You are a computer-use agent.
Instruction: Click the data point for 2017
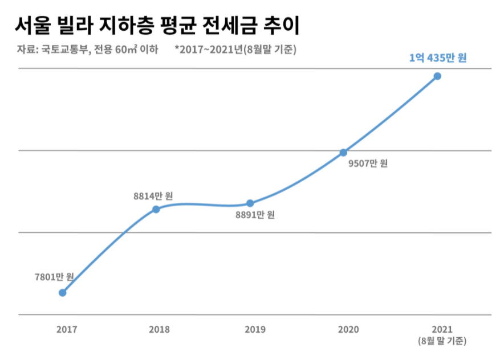pos(63,293)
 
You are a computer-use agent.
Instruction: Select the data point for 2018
pos(156,209)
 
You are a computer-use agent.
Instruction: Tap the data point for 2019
pos(250,203)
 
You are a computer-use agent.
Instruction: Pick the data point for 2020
pos(343,152)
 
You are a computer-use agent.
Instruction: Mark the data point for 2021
pos(437,76)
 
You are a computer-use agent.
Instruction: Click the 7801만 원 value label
pos(54,277)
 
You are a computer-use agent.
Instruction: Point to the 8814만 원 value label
pos(153,196)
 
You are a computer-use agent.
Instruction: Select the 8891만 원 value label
pos(255,215)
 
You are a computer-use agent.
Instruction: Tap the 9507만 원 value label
pos(368,163)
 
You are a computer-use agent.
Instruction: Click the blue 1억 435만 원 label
pos(437,58)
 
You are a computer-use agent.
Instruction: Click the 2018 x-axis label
pos(158,329)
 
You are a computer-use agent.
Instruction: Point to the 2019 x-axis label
pos(254,329)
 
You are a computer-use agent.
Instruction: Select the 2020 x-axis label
pos(348,329)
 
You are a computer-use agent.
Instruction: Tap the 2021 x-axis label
pos(442,329)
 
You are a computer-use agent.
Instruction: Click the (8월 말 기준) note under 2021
pos(442,341)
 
